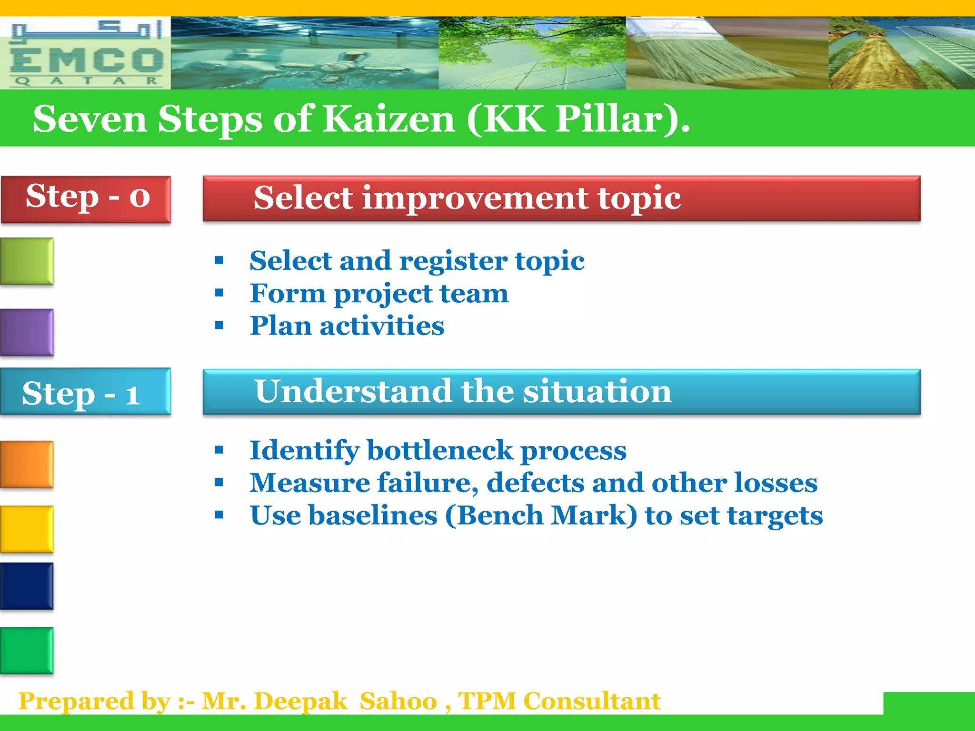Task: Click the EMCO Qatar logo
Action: pyautogui.click(x=86, y=53)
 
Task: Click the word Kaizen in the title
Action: pyautogui.click(x=388, y=119)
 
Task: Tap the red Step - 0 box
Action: pyautogui.click(x=86, y=199)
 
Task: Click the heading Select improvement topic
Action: pyautogui.click(x=467, y=198)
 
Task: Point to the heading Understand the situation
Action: pyautogui.click(x=463, y=391)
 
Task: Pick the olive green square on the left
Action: pyautogui.click(x=27, y=261)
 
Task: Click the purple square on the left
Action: pyautogui.click(x=27, y=332)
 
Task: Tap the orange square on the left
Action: pyautogui.click(x=27, y=464)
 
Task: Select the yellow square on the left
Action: pyautogui.click(x=27, y=529)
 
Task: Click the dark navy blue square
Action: pyautogui.click(x=27, y=586)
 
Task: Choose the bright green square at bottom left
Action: pyautogui.click(x=27, y=650)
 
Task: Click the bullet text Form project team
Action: pyautogui.click(x=379, y=294)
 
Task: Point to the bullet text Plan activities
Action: pyautogui.click(x=347, y=326)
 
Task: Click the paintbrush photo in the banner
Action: pyautogui.click(x=727, y=53)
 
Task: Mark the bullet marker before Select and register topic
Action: pyautogui.click(x=219, y=260)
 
